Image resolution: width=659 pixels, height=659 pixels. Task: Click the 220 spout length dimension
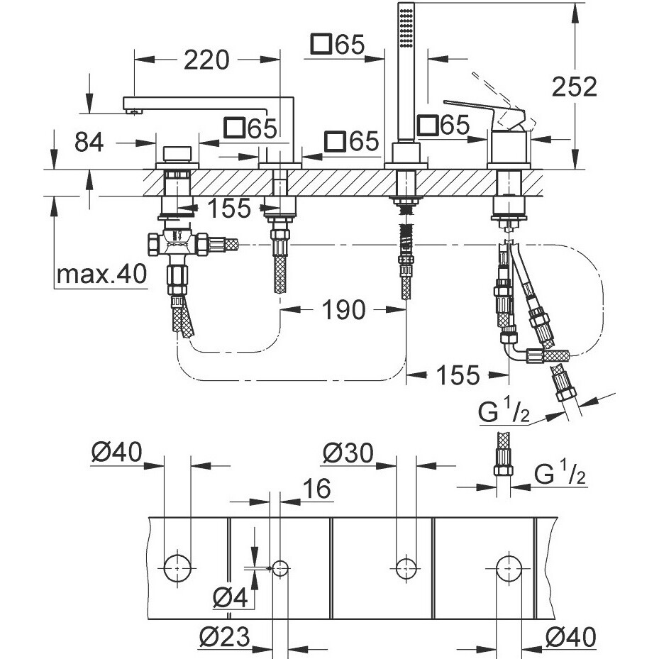pyautogui.click(x=206, y=60)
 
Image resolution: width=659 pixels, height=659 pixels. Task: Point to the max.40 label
pyautogui.click(x=101, y=274)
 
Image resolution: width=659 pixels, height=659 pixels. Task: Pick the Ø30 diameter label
pyautogui.click(x=348, y=453)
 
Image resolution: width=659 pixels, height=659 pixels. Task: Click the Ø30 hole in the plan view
pyautogui.click(x=406, y=567)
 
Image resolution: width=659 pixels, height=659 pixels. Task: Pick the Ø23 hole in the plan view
pyautogui.click(x=280, y=567)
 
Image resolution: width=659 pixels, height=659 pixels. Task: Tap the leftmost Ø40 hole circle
pyautogui.click(x=177, y=567)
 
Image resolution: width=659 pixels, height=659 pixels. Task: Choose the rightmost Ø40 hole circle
pyautogui.click(x=509, y=567)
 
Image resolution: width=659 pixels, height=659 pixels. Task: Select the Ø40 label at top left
pyautogui.click(x=117, y=451)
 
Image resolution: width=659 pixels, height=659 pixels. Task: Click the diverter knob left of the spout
pyautogui.click(x=177, y=154)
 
